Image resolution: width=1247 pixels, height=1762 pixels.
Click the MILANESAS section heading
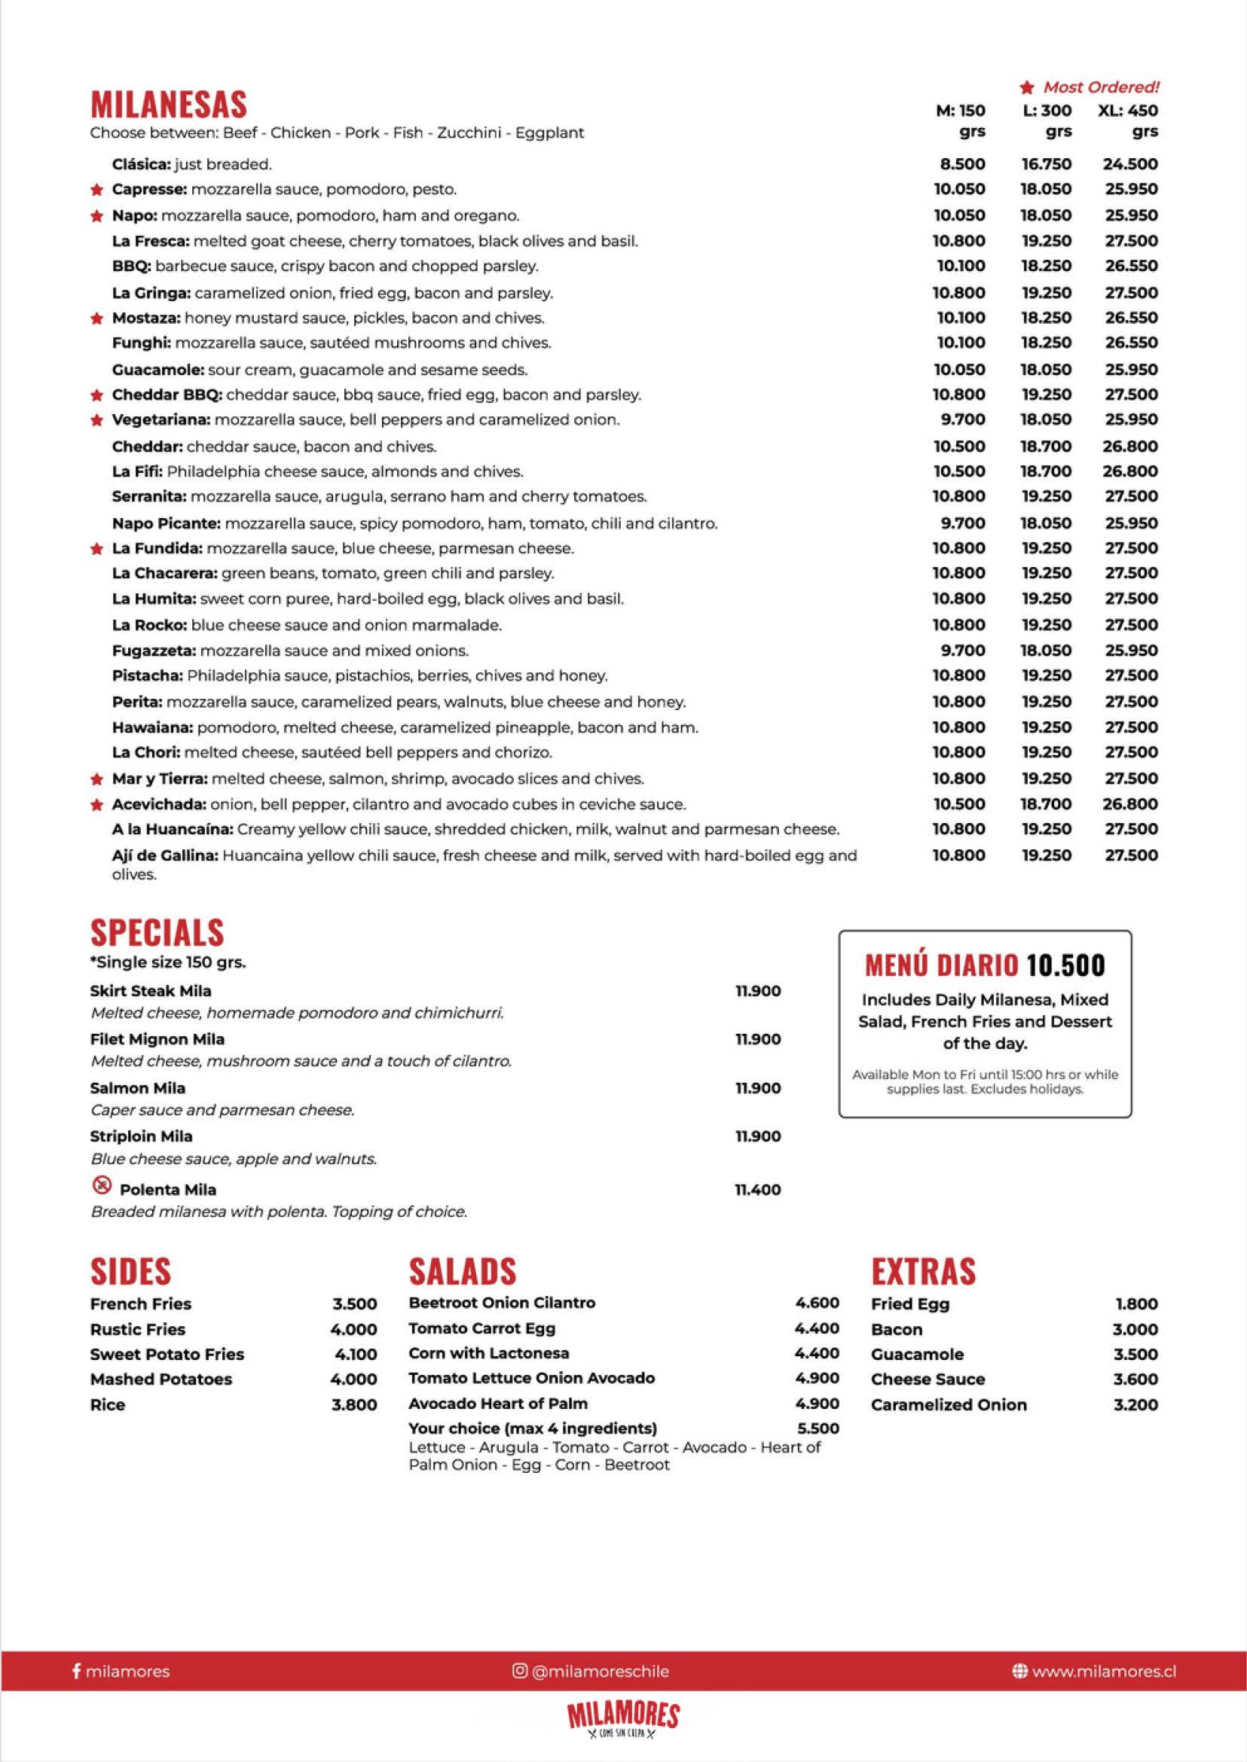coord(168,105)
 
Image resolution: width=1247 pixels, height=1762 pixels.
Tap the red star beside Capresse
coord(96,190)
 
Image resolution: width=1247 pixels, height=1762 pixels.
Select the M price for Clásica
coord(962,164)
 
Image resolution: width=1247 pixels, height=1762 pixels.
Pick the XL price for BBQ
coord(1131,267)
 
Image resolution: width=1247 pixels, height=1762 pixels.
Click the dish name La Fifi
coord(136,472)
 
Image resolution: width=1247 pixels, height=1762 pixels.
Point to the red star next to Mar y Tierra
coord(96,779)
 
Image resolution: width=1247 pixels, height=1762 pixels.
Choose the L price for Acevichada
coord(1046,804)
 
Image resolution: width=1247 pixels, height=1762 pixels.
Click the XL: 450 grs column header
coord(1128,120)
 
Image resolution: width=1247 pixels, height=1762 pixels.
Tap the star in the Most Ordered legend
coord(1027,87)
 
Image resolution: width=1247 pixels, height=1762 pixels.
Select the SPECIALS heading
coord(157,932)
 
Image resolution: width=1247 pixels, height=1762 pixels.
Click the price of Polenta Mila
coord(758,1190)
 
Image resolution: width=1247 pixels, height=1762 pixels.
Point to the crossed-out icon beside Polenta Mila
coord(102,1187)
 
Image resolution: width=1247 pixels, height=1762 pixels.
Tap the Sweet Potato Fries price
coord(356,1355)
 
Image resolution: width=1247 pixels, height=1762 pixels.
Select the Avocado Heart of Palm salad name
coord(497,1404)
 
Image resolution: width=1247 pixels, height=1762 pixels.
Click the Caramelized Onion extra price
coord(1135,1405)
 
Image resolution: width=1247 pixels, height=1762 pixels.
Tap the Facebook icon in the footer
coord(76,1672)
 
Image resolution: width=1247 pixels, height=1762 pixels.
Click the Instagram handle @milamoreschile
coord(600,1672)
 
